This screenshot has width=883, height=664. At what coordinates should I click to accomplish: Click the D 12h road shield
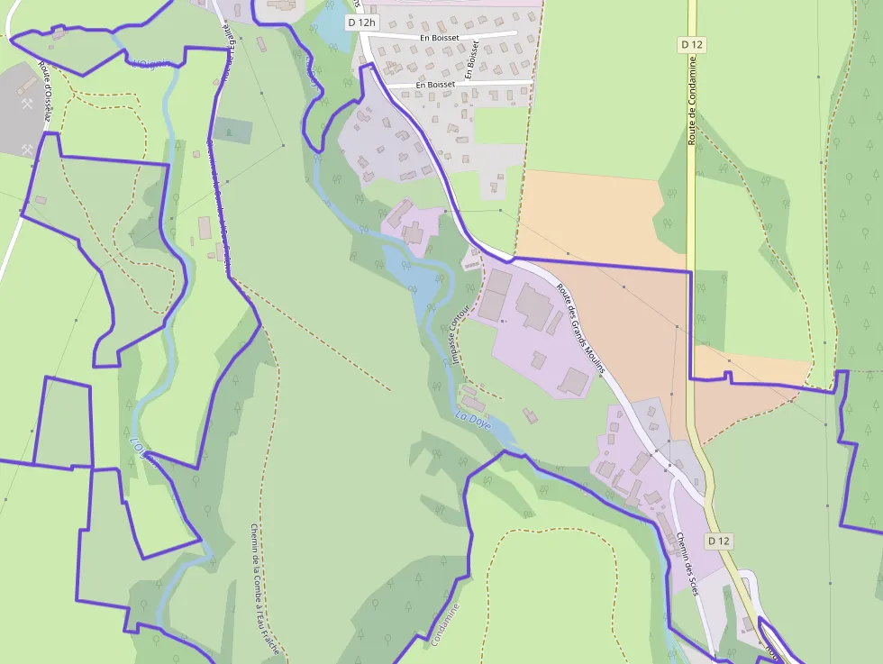(x=361, y=21)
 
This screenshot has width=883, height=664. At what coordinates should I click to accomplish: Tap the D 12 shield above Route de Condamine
(x=691, y=43)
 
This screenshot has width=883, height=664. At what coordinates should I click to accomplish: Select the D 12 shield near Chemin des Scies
(x=718, y=541)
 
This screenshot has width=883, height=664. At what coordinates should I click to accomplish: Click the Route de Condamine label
(x=692, y=108)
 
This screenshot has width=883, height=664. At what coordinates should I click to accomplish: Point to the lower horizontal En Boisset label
(x=435, y=84)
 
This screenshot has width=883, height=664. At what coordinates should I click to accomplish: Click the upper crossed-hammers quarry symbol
(x=27, y=104)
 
